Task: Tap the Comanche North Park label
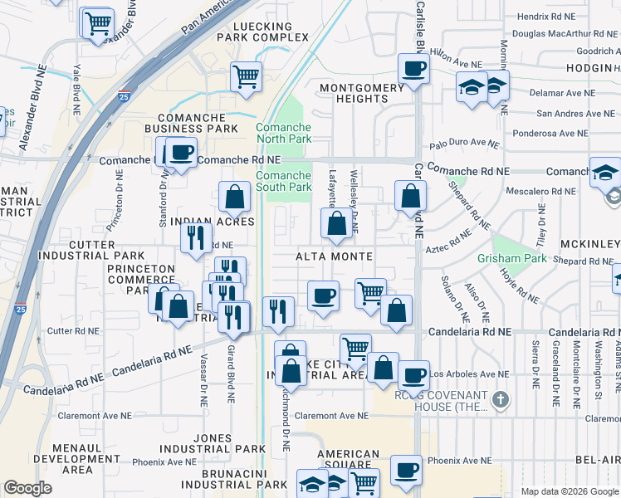284,133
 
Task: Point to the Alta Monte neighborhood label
334,256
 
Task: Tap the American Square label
348,461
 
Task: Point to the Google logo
27,488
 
